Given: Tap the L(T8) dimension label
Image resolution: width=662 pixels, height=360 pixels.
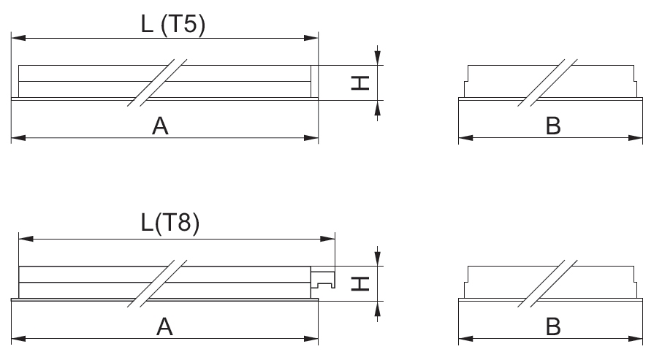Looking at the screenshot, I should click(x=170, y=223).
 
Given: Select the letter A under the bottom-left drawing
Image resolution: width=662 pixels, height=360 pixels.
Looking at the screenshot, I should click(x=166, y=328).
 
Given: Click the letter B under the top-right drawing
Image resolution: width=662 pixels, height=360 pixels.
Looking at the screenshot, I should click(x=553, y=126).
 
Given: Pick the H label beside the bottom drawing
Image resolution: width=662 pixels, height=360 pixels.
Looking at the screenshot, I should click(x=359, y=284).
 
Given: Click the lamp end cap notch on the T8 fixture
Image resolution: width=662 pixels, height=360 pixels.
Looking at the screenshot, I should click(x=324, y=278).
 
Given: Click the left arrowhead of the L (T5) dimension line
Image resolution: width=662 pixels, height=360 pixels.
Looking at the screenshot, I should click(x=17, y=36).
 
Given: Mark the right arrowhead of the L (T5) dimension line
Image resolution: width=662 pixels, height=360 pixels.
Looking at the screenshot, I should click(x=313, y=36).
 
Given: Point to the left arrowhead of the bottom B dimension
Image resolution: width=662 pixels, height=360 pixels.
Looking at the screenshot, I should click(x=464, y=338).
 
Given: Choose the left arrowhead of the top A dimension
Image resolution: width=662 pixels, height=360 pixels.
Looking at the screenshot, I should click(x=17, y=137).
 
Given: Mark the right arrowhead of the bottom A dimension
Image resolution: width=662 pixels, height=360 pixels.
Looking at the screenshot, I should click(x=313, y=338).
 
